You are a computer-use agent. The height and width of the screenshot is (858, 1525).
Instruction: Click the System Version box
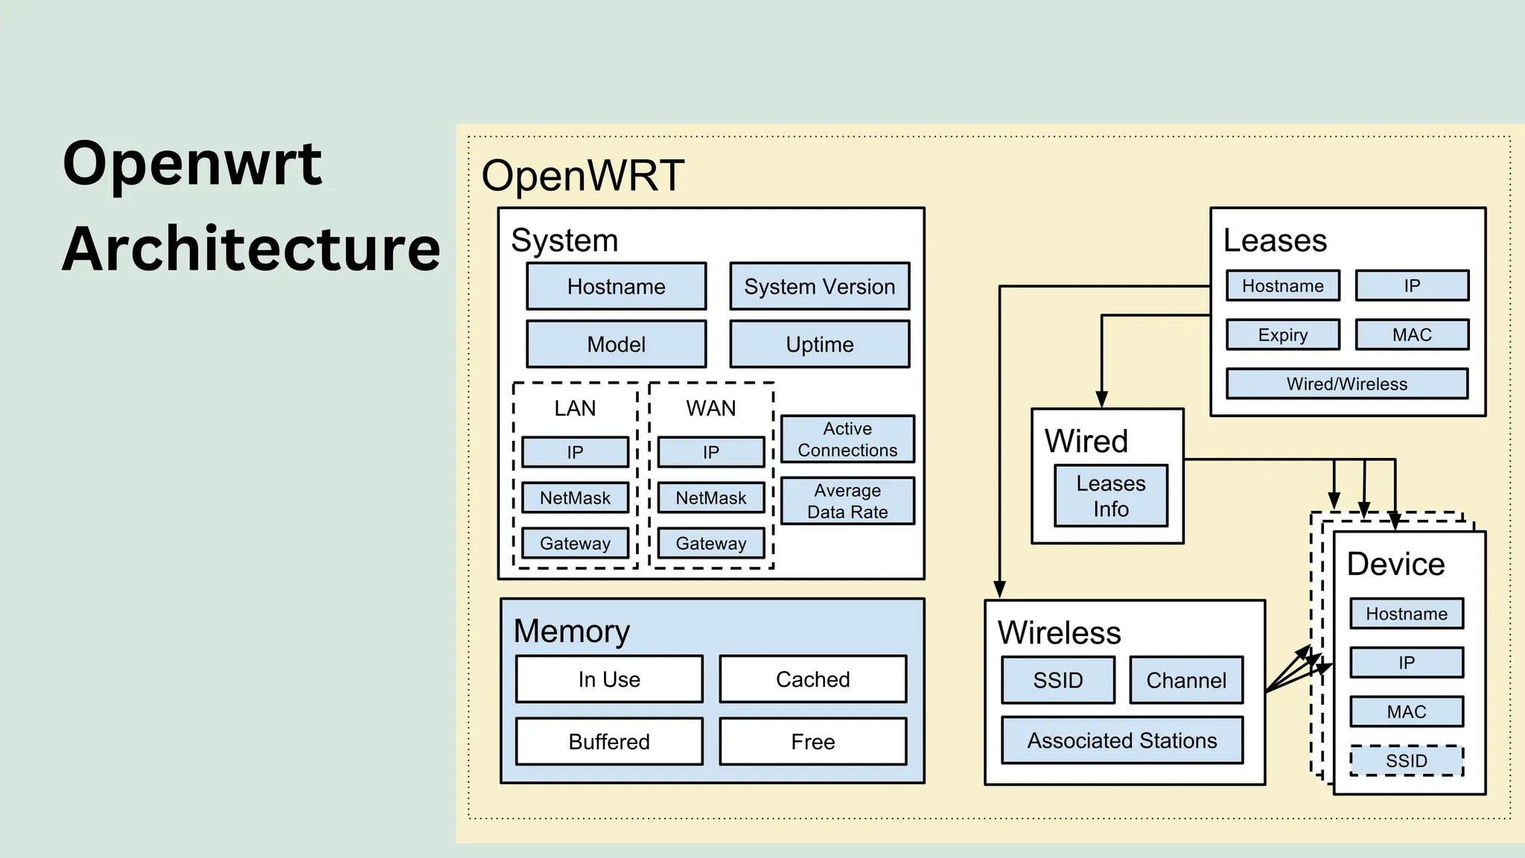(819, 286)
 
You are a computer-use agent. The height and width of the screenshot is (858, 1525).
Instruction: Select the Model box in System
(616, 344)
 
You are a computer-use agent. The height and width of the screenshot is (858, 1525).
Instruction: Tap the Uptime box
(819, 344)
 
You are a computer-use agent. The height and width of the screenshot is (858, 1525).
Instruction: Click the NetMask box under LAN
(575, 498)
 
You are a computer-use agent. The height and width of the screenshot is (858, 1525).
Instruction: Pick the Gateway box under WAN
(710, 543)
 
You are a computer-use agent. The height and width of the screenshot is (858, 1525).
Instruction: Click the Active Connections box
(847, 439)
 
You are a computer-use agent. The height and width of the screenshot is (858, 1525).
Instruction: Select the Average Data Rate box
(847, 501)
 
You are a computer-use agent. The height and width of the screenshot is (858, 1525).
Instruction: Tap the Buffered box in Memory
(609, 741)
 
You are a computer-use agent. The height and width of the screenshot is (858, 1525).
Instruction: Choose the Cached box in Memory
(812, 679)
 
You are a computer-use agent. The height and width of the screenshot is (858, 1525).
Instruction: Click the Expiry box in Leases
(1282, 334)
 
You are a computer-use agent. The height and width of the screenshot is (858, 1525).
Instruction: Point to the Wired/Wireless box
(1346, 384)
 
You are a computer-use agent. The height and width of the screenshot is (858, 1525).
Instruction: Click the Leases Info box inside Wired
(1110, 496)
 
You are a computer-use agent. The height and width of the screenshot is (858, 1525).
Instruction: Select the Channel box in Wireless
(1185, 680)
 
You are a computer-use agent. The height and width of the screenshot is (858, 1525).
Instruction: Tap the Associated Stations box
(1121, 740)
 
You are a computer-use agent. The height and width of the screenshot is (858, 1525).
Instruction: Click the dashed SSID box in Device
(1406, 760)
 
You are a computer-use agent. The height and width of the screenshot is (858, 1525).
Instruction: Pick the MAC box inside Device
(1406, 711)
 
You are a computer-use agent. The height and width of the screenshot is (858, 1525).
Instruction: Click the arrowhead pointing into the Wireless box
(999, 589)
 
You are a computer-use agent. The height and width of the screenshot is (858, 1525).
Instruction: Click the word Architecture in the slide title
(251, 249)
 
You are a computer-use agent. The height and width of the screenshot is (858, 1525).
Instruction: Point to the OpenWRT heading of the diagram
(582, 176)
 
